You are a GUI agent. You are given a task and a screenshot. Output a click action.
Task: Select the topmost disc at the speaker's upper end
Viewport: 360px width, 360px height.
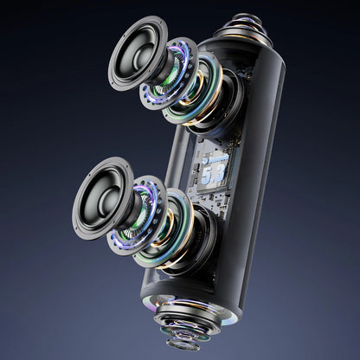tap(246, 19)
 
